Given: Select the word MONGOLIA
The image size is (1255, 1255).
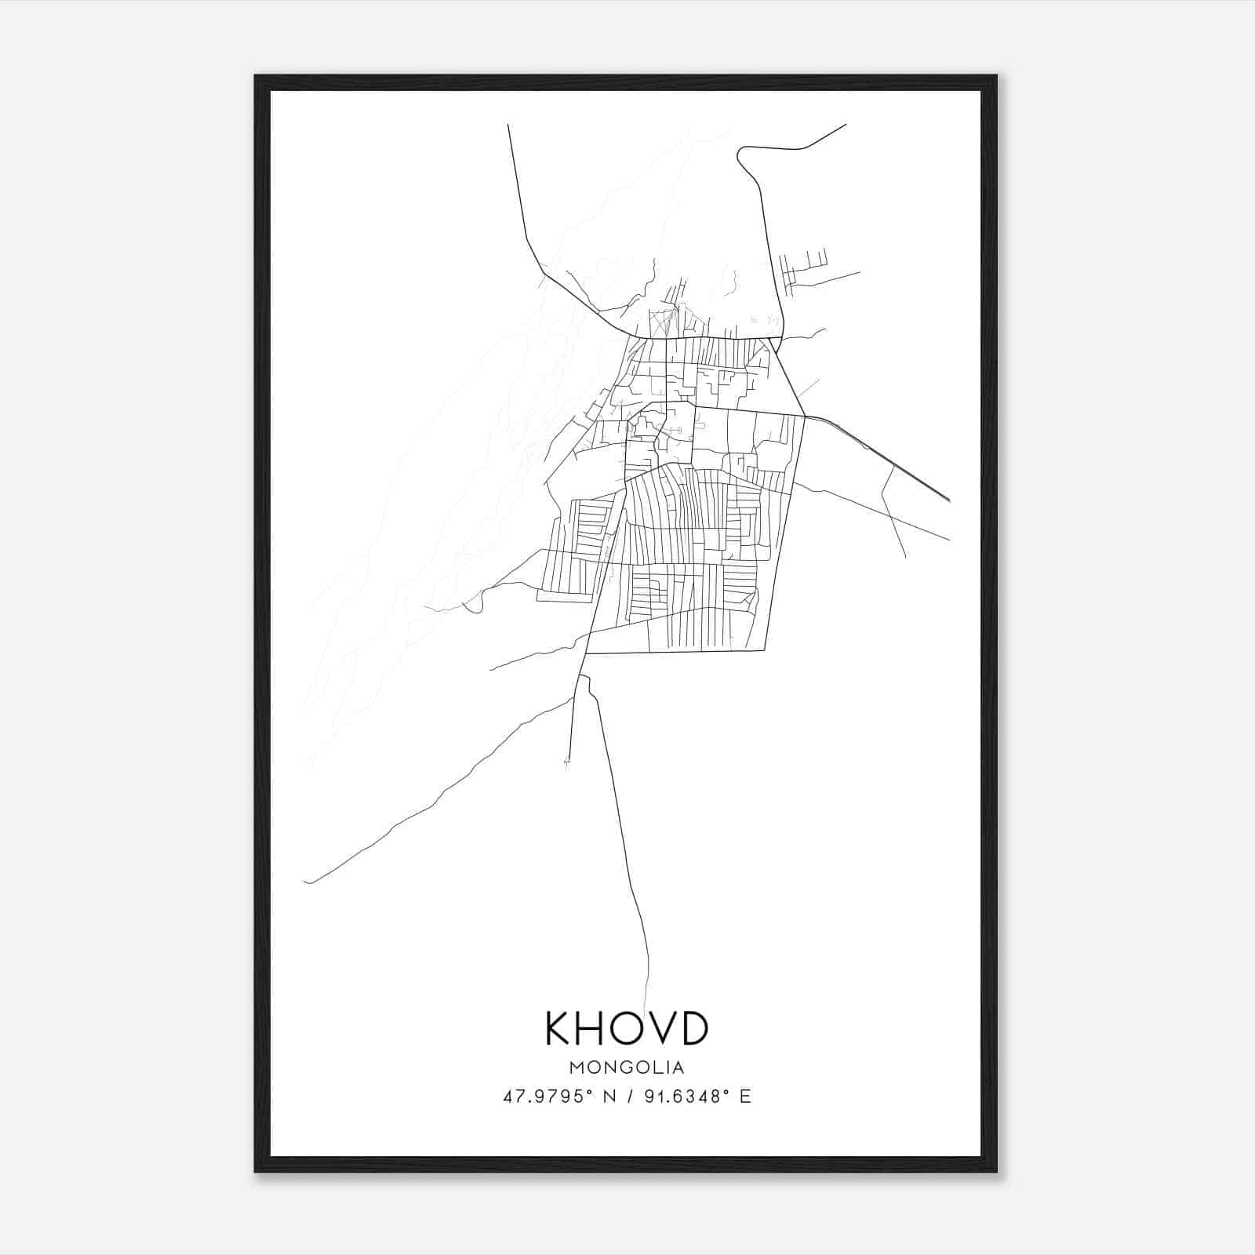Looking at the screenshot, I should (x=627, y=1068).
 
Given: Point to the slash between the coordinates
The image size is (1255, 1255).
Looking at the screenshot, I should (x=629, y=1097).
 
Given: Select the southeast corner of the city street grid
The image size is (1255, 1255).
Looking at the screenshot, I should (x=764, y=650).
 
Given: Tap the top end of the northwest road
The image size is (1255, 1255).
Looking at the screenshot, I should (x=508, y=125).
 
